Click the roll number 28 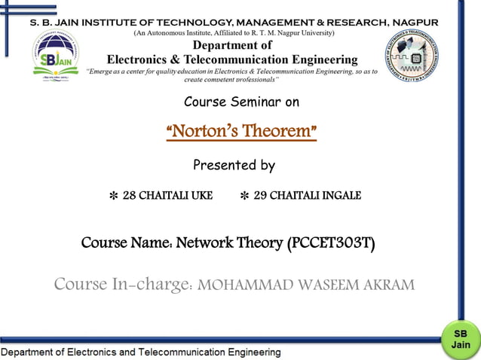(x=129, y=196)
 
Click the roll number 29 (x=260, y=196)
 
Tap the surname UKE (x=202, y=196)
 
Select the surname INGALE (x=342, y=196)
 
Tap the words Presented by (x=234, y=165)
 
